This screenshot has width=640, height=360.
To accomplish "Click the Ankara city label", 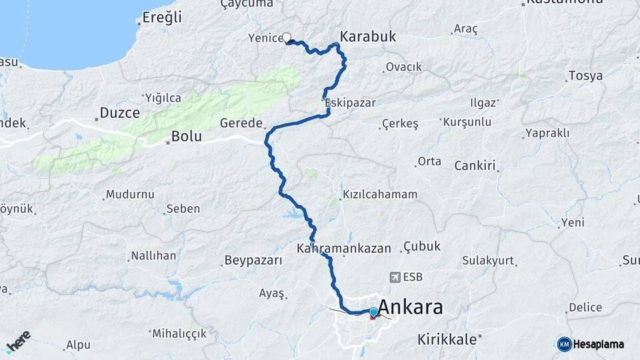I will tap(411, 309).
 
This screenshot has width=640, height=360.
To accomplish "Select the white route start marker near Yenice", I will tap(287, 38).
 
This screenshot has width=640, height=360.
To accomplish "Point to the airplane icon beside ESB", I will tap(395, 277).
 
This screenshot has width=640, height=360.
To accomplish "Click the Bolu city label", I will tap(187, 137).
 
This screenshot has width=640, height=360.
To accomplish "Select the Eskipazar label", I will tap(350, 103).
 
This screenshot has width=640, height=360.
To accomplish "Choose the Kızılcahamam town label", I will tap(380, 195).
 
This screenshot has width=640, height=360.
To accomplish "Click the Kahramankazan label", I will tap(344, 248).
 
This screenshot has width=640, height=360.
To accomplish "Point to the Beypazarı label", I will tap(253, 259).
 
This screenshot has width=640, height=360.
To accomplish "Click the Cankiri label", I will tap(475, 165).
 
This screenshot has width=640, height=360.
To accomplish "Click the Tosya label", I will tap(585, 75).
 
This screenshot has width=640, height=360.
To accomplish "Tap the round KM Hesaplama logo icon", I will tap(564, 344).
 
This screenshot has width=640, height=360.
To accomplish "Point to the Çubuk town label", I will tap(422, 247).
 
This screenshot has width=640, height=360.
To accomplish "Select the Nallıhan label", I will tap(153, 255).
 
